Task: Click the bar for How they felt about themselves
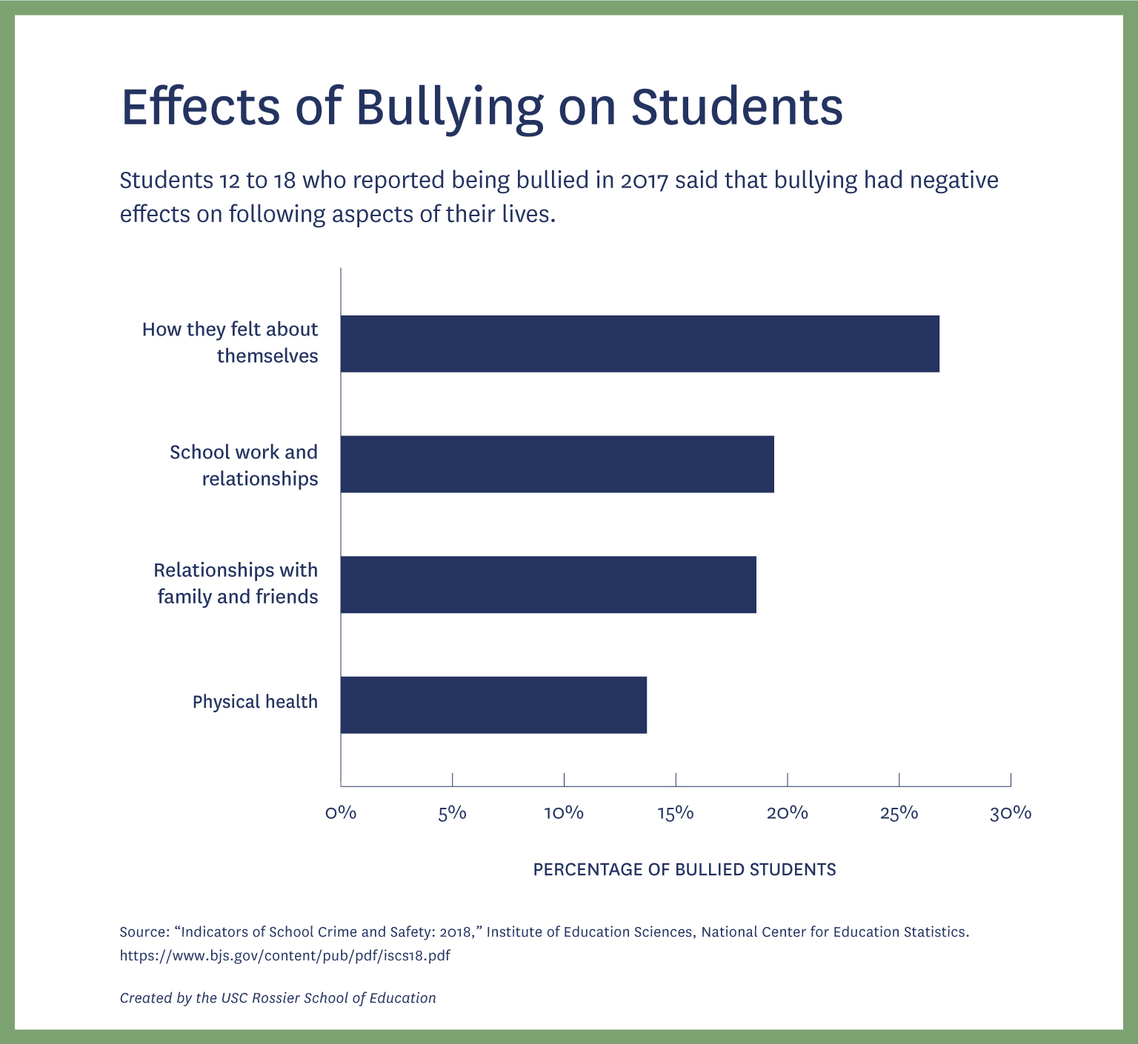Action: [639, 344]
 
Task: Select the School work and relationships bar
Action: [557, 464]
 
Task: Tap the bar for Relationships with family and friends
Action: [548, 585]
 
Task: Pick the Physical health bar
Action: [493, 705]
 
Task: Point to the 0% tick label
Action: [341, 813]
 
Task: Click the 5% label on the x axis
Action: [452, 813]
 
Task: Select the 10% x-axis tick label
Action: [564, 813]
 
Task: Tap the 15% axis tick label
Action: [676, 813]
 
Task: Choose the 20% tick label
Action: [787, 813]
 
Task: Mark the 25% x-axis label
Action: [899, 813]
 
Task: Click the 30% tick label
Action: [1011, 813]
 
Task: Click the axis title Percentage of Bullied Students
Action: [685, 869]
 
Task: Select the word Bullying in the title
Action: [450, 107]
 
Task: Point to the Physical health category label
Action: [255, 702]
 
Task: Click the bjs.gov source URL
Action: [285, 955]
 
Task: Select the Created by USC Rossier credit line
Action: [278, 998]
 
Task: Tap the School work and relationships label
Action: [244, 465]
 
